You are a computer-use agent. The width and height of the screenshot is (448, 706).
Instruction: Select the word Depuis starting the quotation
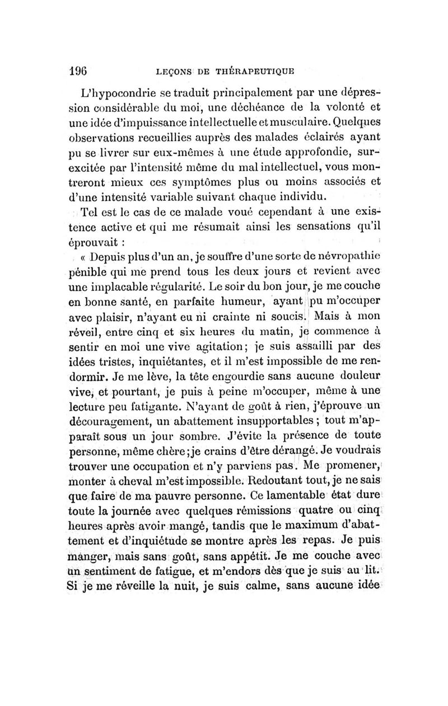tap(114, 257)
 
